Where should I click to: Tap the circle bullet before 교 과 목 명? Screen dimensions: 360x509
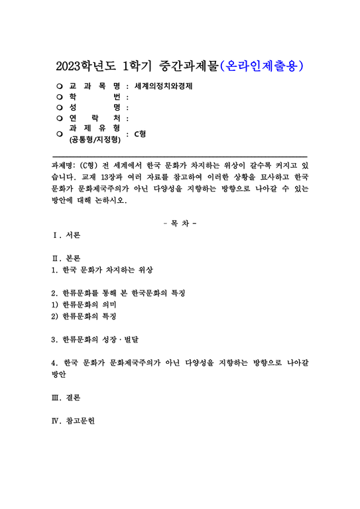pyautogui.click(x=60, y=86)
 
